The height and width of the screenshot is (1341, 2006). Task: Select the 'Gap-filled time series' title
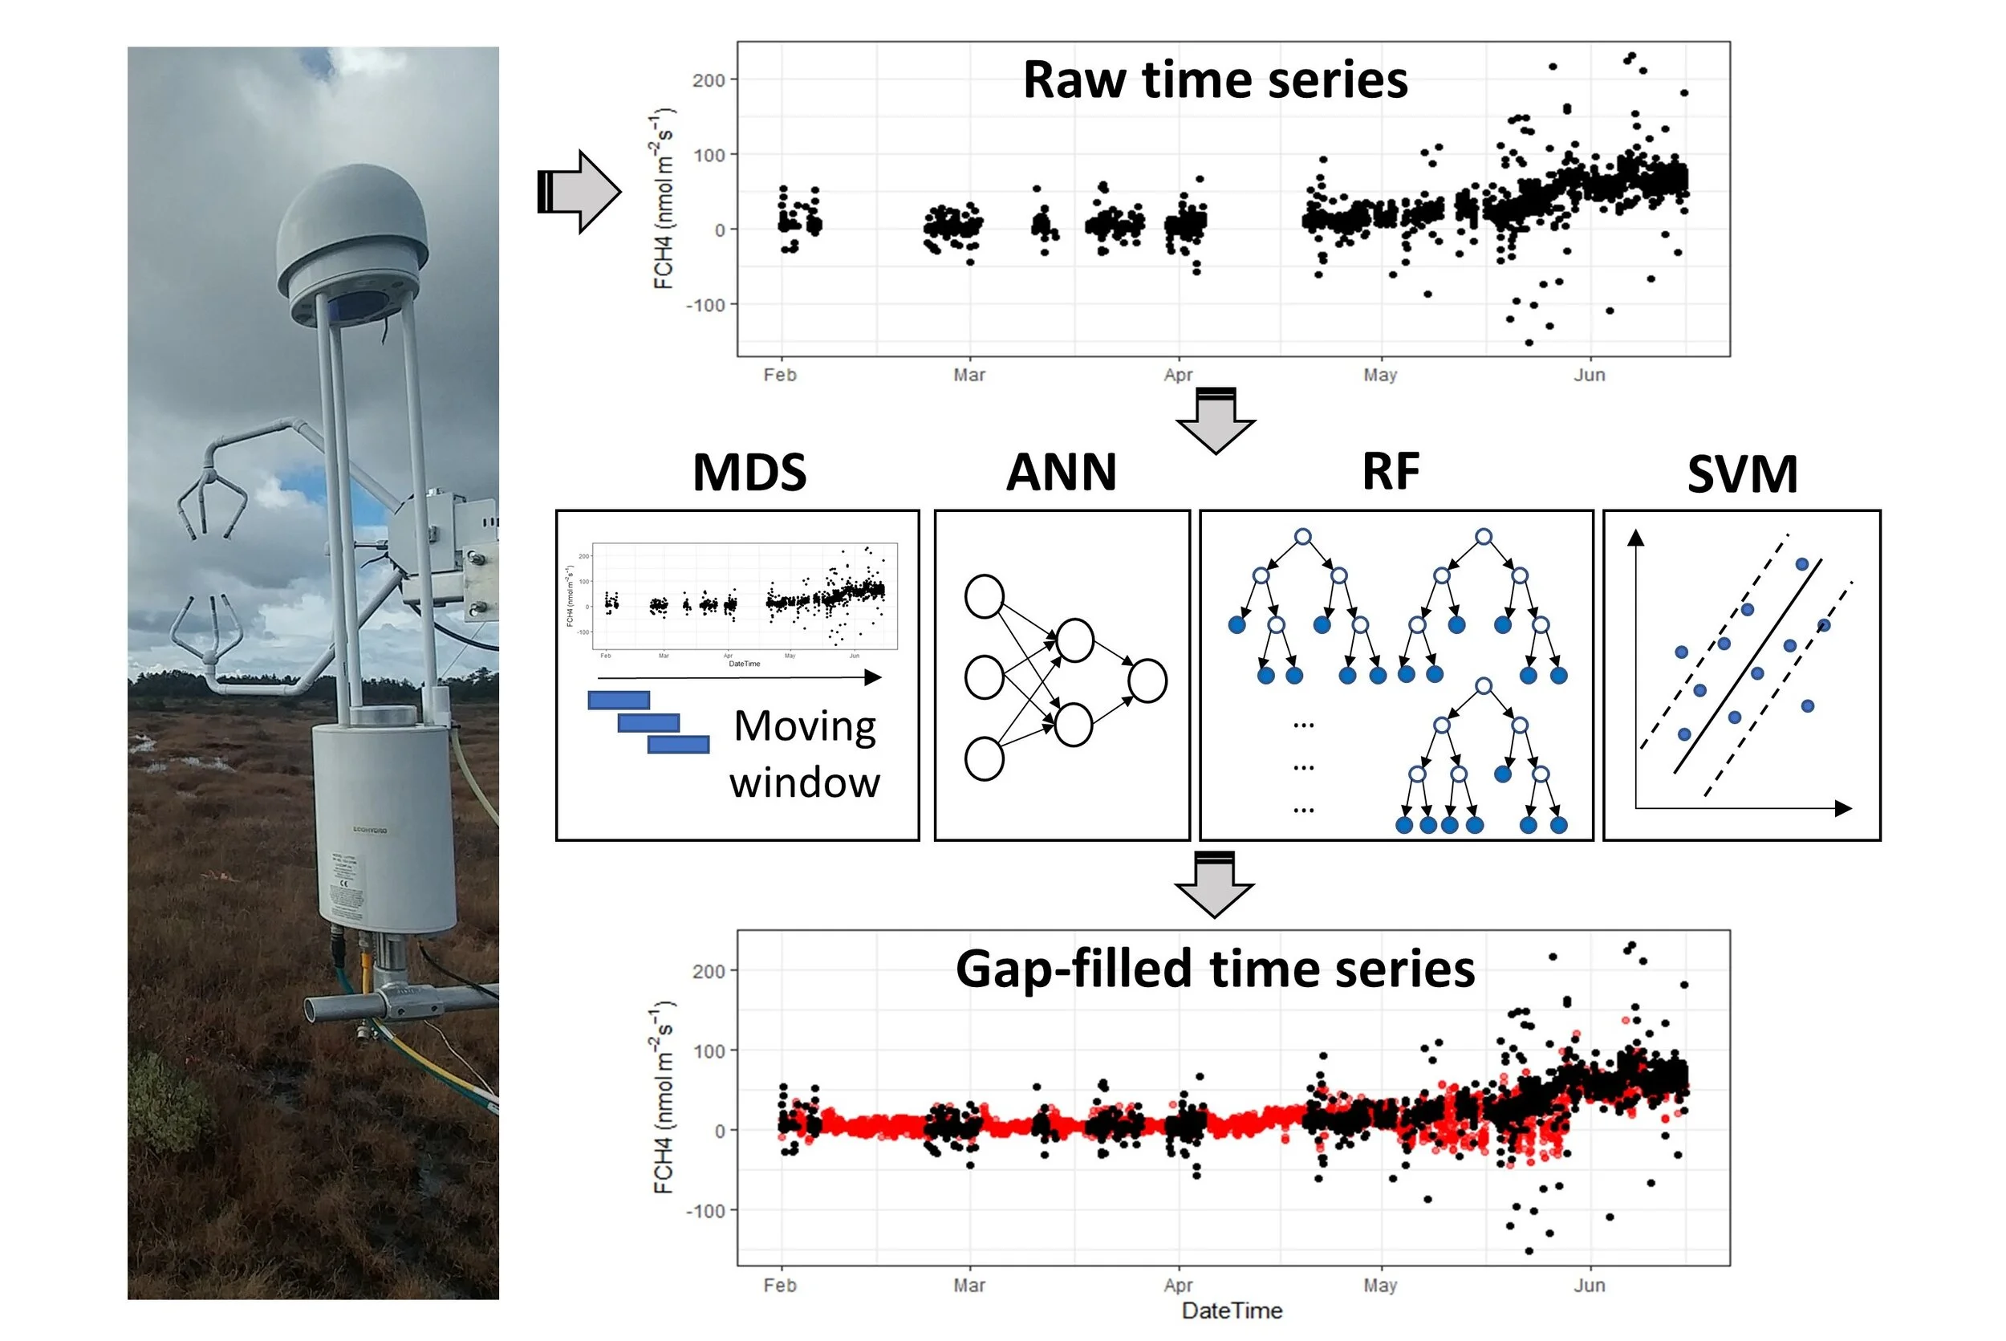click(x=1214, y=969)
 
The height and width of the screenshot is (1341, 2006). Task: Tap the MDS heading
click(x=749, y=473)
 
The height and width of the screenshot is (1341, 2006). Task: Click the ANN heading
click(x=1061, y=473)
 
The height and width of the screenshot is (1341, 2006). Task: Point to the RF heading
click(x=1391, y=471)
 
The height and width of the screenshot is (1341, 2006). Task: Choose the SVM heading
click(x=1742, y=474)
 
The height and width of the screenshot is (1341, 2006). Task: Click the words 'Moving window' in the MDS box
click(x=805, y=754)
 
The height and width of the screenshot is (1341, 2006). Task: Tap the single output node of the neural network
click(x=1147, y=681)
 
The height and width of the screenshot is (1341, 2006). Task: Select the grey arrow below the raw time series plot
click(x=1215, y=420)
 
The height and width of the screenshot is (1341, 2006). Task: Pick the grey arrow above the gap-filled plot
click(x=1214, y=884)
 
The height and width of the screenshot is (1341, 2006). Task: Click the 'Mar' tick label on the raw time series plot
click(x=968, y=375)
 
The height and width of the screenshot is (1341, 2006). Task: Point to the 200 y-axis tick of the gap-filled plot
click(x=709, y=971)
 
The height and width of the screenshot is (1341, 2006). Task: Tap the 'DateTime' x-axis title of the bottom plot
click(x=1232, y=1311)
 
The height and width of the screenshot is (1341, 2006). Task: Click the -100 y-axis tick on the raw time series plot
click(x=705, y=304)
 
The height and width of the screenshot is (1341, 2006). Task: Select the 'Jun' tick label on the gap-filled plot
click(x=1589, y=1285)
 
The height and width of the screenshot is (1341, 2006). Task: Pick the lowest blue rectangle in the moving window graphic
click(x=678, y=744)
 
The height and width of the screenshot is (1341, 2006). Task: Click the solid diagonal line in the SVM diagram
click(x=1747, y=666)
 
